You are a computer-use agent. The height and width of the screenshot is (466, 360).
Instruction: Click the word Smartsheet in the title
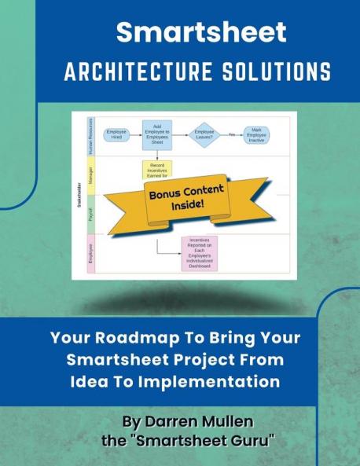click(x=200, y=32)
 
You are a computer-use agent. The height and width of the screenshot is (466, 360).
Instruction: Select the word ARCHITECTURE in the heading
click(x=133, y=72)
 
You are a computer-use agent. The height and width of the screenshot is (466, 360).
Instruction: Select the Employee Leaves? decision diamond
click(x=204, y=134)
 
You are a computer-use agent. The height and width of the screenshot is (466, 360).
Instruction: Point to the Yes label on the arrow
click(x=231, y=134)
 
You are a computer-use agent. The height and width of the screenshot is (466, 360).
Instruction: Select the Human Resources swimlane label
click(x=91, y=134)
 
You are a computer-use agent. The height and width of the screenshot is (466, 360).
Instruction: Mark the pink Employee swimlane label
click(x=91, y=253)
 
